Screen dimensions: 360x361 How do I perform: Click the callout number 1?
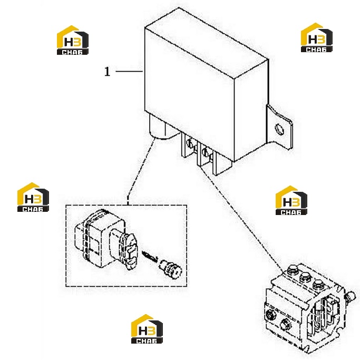(x=108, y=72)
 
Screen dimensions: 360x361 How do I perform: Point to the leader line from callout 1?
(x=129, y=71)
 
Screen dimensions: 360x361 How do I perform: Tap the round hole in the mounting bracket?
(x=279, y=129)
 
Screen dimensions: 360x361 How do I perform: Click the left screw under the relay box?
(x=190, y=144)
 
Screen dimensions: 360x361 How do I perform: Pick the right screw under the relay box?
(x=205, y=152)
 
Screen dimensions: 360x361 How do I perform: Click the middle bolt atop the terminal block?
(x=305, y=276)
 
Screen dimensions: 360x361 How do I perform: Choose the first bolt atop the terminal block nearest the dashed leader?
(x=293, y=269)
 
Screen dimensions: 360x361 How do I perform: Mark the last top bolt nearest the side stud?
(x=318, y=284)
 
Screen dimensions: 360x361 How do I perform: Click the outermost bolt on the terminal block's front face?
(x=270, y=315)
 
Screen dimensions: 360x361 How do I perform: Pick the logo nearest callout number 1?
(x=73, y=40)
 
